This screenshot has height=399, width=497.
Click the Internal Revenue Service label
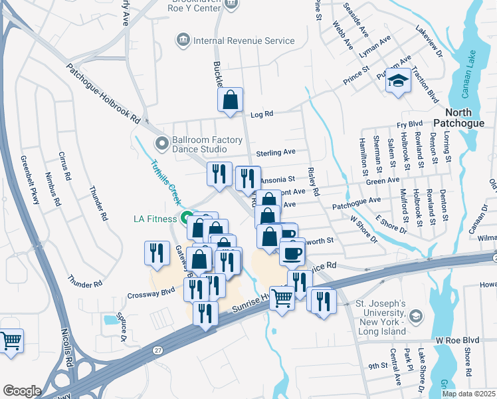243,41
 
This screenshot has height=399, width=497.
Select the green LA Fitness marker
187,218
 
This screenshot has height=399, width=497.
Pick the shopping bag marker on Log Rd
230,101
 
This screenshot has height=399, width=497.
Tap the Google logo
22,391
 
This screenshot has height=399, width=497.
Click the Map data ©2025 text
468,394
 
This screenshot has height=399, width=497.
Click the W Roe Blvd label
457,340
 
